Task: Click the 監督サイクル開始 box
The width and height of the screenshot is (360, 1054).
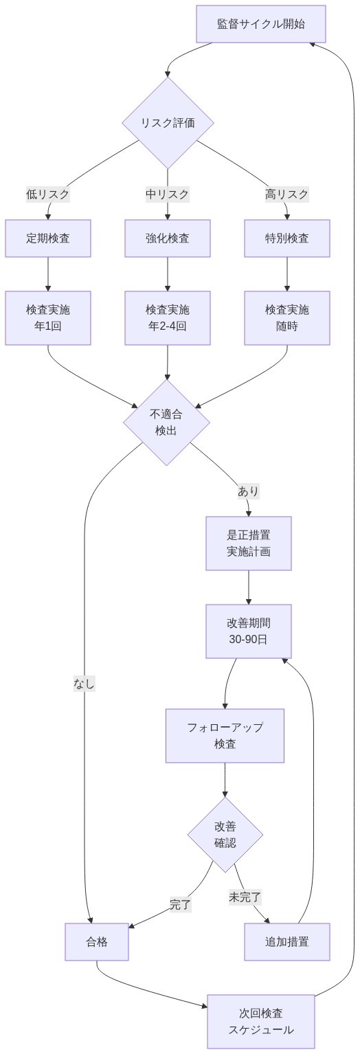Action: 261,24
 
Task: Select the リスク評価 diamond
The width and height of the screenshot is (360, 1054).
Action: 168,123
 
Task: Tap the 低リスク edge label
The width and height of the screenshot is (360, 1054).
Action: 48,194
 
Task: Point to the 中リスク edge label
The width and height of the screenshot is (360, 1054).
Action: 168,194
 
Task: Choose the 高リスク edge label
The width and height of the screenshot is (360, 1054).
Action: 287,194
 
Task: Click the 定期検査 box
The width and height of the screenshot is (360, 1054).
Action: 48,238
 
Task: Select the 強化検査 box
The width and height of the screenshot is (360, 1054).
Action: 168,238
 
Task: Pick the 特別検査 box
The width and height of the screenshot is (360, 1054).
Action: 287,238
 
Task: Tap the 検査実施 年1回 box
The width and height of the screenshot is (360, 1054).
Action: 48,317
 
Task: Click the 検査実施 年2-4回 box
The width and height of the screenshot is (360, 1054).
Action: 168,317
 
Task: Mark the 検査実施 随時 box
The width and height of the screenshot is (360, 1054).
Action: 287,317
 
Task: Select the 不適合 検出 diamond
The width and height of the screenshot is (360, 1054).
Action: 166,423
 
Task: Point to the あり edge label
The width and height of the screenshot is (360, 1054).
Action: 249,491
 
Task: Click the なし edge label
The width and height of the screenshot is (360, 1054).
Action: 85,684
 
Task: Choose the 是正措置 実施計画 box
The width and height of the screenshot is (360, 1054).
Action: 249,543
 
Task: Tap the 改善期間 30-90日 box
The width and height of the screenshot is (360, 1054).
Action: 249,631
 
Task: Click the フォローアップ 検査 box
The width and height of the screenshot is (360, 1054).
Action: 225,735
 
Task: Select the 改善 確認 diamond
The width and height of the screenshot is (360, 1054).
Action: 225,834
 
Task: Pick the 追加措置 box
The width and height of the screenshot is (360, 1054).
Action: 287,942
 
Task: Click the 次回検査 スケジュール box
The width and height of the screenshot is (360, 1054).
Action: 261,1021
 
